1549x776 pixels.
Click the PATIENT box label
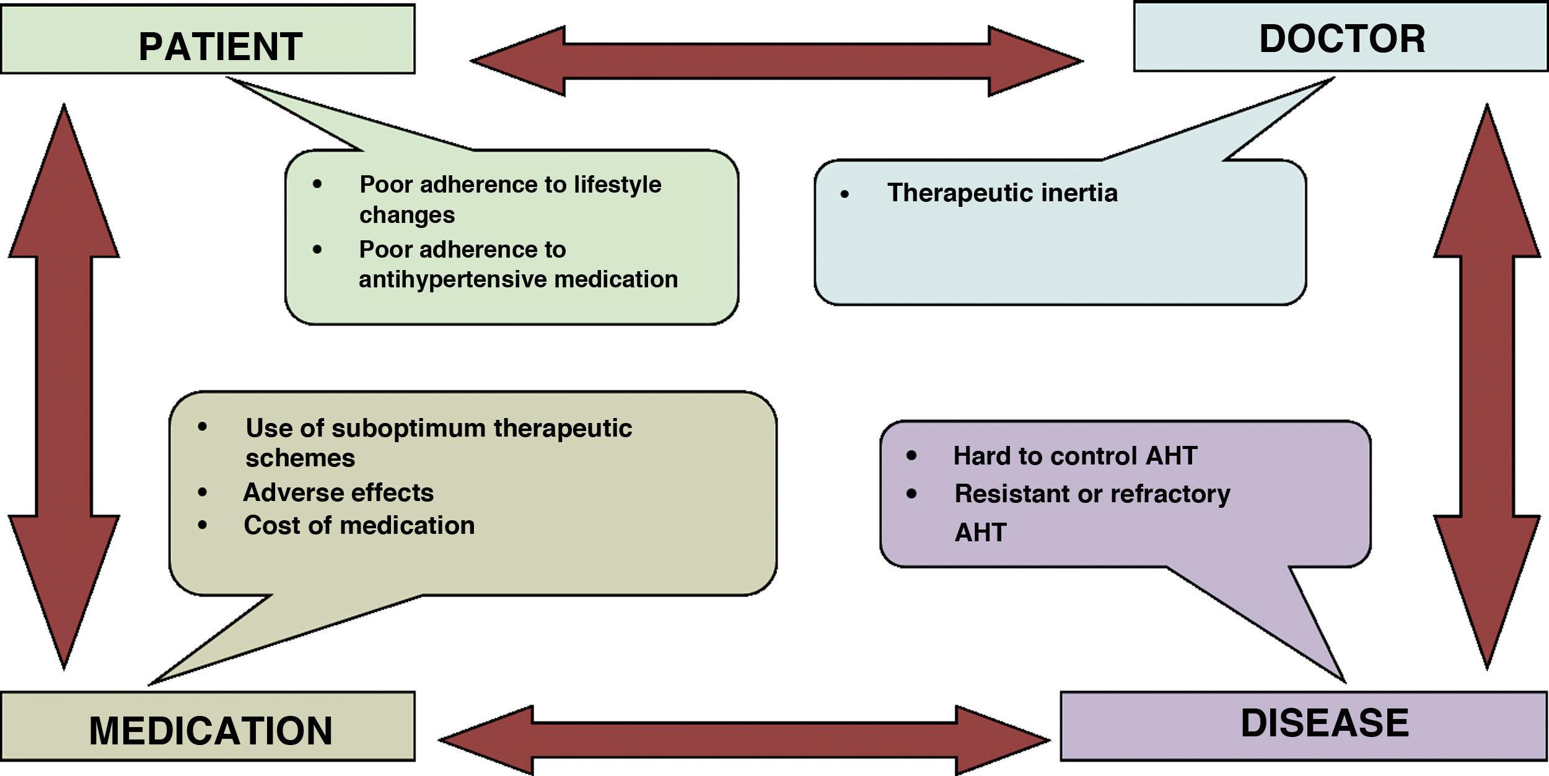coord(220,46)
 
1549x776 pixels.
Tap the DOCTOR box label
coord(1342,39)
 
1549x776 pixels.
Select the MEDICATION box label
coord(211,730)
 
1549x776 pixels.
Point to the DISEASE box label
coord(1325,723)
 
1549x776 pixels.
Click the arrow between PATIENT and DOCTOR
coord(776,61)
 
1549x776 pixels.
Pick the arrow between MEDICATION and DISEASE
coord(744,739)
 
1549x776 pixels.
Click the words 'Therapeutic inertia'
coord(1003,193)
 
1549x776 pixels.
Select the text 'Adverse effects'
coord(338,492)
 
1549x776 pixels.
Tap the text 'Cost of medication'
coord(359,525)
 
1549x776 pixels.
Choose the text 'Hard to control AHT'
coord(1075,456)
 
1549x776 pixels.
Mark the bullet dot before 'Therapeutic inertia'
coord(845,194)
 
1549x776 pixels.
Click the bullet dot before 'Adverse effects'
coord(203,492)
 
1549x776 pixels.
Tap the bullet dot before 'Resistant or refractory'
coord(911,494)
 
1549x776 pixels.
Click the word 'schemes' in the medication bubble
coord(301,458)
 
